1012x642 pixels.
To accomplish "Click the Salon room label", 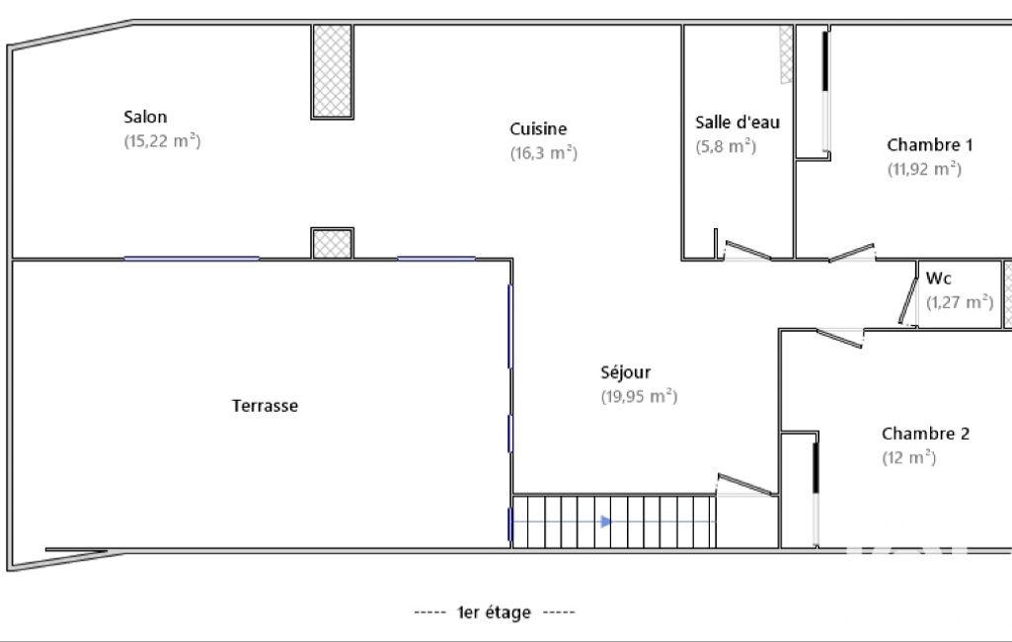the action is click(x=145, y=117).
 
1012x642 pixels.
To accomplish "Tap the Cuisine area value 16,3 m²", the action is click(x=543, y=153).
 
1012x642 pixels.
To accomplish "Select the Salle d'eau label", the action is click(x=738, y=122).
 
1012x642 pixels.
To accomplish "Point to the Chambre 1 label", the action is click(x=929, y=144).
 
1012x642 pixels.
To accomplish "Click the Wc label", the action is click(x=938, y=279).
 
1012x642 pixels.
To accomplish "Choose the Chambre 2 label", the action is click(x=925, y=434).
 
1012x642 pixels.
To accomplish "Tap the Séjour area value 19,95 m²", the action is click(x=639, y=396).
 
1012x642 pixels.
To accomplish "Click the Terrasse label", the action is click(x=265, y=406).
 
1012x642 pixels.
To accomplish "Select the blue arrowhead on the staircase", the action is click(x=606, y=522).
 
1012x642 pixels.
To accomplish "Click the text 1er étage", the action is click(x=494, y=612).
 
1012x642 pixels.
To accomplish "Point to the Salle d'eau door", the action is click(x=747, y=250).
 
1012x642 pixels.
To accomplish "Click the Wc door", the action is click(x=908, y=300).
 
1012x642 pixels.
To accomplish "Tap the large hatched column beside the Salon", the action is click(x=333, y=72).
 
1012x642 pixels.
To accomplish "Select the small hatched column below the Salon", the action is click(x=333, y=244).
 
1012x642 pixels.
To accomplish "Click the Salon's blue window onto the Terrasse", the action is click(x=192, y=259).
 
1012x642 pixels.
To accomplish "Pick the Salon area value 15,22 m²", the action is click(x=162, y=141).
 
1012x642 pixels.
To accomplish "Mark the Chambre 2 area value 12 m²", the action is click(x=908, y=457).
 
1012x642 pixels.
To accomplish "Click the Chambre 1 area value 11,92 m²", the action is click(x=924, y=169).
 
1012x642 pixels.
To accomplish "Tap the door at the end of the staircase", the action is click(x=745, y=484).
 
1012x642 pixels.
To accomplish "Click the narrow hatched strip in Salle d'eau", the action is click(x=786, y=55).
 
